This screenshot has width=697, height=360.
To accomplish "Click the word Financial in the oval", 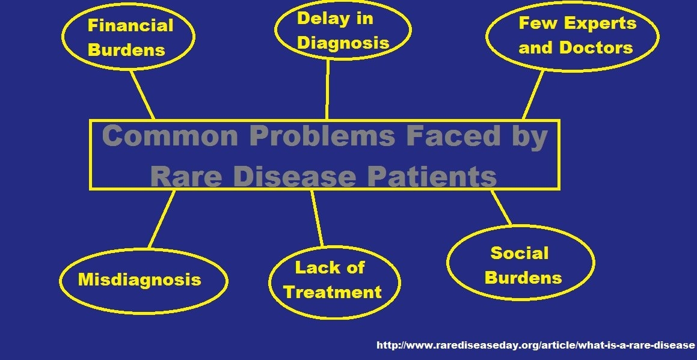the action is point(130,25).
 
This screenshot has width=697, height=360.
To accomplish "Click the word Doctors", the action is point(595,47).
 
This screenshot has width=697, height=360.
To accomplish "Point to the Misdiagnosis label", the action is point(140,279).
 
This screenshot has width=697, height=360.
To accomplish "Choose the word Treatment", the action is point(333,292).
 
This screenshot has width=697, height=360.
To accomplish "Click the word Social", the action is point(519,253).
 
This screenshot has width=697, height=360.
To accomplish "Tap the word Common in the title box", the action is point(170,136).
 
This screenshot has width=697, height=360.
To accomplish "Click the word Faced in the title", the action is point(453,136).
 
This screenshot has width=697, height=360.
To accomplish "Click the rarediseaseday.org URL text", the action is point(535,345).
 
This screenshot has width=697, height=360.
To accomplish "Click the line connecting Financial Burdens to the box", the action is point(143,95).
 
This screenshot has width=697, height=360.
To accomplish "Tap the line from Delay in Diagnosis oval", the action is point(327,90).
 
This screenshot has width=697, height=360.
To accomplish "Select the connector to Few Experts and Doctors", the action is point(533,95).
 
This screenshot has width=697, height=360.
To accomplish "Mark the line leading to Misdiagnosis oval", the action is point(161,219).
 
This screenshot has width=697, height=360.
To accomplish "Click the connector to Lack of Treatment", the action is point(317,218).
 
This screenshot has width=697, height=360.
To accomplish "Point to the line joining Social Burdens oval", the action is point(501,207).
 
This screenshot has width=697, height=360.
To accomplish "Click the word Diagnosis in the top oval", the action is point(343,43).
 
